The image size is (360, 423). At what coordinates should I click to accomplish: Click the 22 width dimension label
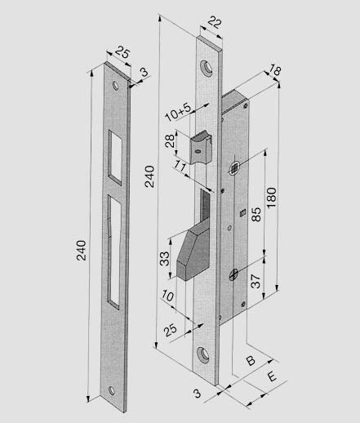[x=215, y=23]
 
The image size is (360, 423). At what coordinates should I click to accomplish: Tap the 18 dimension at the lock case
[x=274, y=70]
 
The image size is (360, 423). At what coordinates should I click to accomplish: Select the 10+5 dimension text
[x=178, y=112]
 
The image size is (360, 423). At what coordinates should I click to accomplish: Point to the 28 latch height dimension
[x=170, y=140]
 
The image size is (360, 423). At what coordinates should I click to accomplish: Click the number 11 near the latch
[x=180, y=165]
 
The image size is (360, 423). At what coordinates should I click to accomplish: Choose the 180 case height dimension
[x=272, y=198]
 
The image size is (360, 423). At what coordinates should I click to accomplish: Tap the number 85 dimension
[x=256, y=214]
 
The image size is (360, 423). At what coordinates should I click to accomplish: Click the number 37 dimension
[x=256, y=281]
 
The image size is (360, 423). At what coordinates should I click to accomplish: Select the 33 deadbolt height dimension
[x=164, y=259]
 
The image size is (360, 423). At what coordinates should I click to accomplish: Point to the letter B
[x=251, y=361]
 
